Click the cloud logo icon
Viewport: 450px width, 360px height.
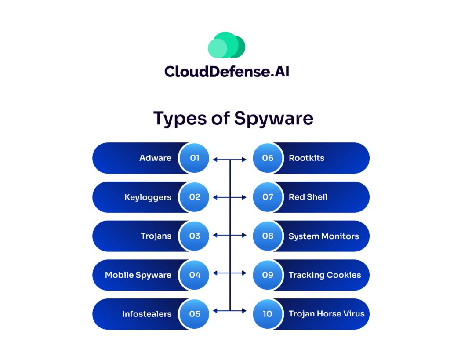pyautogui.click(x=226, y=45)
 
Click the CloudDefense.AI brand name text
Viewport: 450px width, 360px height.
pyautogui.click(x=227, y=71)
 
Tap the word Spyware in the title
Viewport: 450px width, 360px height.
pyautogui.click(x=274, y=118)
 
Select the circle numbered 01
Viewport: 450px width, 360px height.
pyautogui.click(x=194, y=158)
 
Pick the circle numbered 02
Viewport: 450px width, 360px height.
pyautogui.click(x=194, y=197)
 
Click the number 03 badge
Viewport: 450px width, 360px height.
pyautogui.click(x=194, y=236)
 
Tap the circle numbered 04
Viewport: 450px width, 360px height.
pyautogui.click(x=194, y=275)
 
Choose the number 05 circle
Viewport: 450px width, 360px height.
pyautogui.click(x=194, y=314)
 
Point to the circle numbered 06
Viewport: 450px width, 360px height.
pyautogui.click(x=268, y=158)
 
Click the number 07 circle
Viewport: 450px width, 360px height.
pyautogui.click(x=268, y=197)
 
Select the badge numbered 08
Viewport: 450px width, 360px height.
pyautogui.click(x=268, y=236)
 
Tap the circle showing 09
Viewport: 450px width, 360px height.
pyautogui.click(x=268, y=275)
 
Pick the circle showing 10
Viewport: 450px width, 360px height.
pyautogui.click(x=268, y=314)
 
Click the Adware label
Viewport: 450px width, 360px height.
pyautogui.click(x=155, y=158)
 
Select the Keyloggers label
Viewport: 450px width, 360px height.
pyautogui.click(x=148, y=197)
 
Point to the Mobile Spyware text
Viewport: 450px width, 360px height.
pyautogui.click(x=138, y=275)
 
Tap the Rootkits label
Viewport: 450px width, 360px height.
pyautogui.click(x=306, y=158)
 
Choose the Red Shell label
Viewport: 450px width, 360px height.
pyautogui.click(x=308, y=197)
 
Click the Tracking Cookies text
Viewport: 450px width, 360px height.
pyautogui.click(x=325, y=275)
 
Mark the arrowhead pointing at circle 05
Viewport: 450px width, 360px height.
pyautogui.click(x=215, y=311)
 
